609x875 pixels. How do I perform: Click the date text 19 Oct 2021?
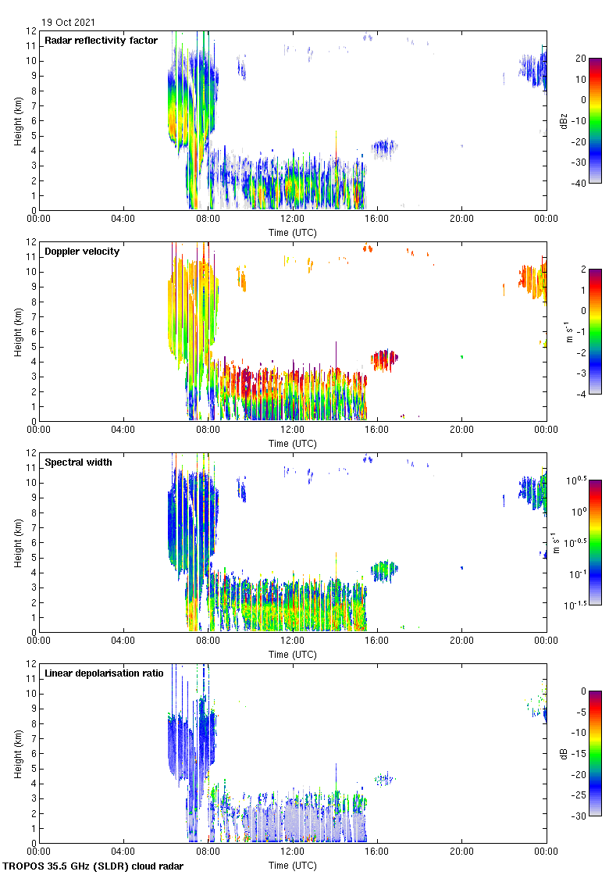pyautogui.click(x=69, y=23)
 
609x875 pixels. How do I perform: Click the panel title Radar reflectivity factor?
pyautogui.click(x=101, y=41)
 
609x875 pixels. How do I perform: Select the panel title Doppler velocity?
pyautogui.click(x=82, y=252)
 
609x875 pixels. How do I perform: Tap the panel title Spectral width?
pyautogui.click(x=78, y=462)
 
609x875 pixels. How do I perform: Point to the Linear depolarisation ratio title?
pyautogui.click(x=104, y=673)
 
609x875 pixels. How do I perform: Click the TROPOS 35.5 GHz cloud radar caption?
pyautogui.click(x=93, y=866)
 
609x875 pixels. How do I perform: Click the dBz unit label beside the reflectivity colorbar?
pyautogui.click(x=564, y=121)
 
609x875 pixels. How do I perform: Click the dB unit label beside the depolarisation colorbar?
pyautogui.click(x=564, y=754)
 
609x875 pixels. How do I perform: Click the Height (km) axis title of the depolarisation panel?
pyautogui.click(x=17, y=753)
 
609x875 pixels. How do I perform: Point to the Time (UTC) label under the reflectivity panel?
pyautogui.click(x=293, y=232)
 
